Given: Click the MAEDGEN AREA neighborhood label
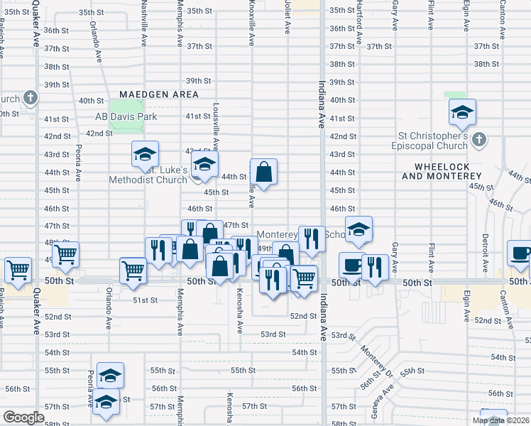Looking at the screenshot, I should pos(158,94).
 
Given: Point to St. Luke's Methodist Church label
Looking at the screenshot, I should pos(148,175).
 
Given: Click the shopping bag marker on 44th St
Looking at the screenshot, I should pos(263,172).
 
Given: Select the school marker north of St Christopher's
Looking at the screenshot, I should pos(461,112).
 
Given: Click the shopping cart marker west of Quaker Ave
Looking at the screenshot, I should pos(18,270).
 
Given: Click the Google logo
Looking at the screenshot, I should pos(23,417).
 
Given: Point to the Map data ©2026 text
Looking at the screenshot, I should pos(500,420).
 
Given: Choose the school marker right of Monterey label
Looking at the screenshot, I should pos(359,229).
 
